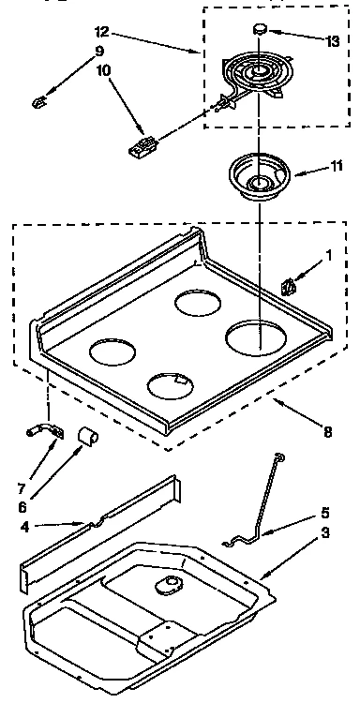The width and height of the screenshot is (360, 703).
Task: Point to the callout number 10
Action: click(x=102, y=97)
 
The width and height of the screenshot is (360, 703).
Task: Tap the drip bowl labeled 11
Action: click(x=258, y=175)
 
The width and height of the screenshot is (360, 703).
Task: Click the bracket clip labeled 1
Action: click(x=290, y=284)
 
